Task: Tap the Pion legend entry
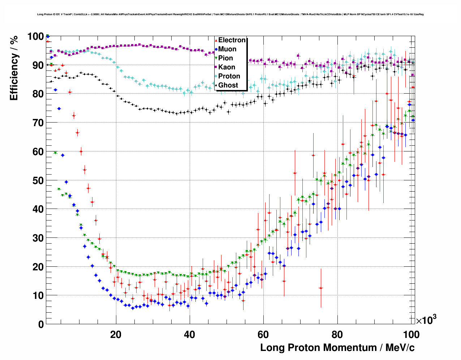(x=225, y=58)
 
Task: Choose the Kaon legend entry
(x=227, y=67)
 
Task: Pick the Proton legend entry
(x=229, y=76)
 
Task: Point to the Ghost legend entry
(x=228, y=85)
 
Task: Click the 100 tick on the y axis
(x=36, y=37)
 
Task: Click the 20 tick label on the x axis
(x=116, y=335)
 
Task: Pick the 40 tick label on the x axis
(x=189, y=335)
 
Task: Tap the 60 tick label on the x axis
(x=263, y=335)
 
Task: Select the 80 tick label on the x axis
(x=337, y=335)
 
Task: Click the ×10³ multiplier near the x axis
(x=426, y=320)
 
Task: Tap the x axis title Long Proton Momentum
(x=337, y=348)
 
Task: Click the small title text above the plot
(x=230, y=14)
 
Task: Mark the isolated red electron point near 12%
(x=321, y=288)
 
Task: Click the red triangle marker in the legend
(x=216, y=40)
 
